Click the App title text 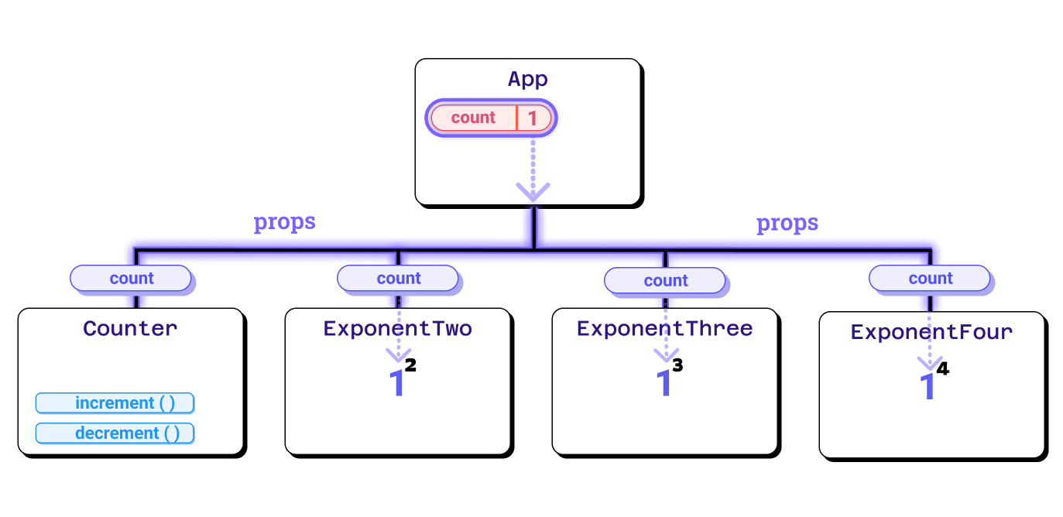pos(527,79)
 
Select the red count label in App pos(473,118)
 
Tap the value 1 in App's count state pos(533,118)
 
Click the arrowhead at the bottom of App pos(533,190)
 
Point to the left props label pos(284,222)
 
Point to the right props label pos(787,224)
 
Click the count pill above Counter pos(131,279)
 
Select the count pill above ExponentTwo pos(398,279)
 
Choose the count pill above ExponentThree pos(665,280)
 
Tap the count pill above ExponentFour pos(930,279)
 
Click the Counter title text pos(130,328)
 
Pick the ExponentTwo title pos(397,328)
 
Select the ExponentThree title pos(664,328)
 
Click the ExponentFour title pos(931,332)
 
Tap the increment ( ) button pos(115,403)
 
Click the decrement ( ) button pos(115,433)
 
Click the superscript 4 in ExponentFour pos(942,369)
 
